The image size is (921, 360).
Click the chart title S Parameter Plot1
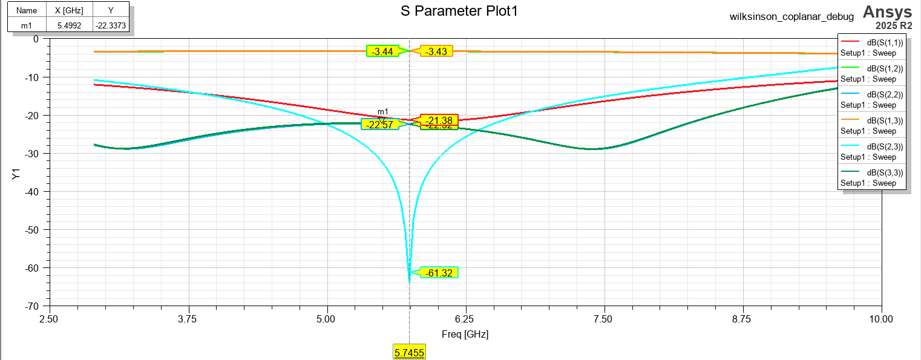pos(460,11)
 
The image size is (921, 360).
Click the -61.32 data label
pos(439,273)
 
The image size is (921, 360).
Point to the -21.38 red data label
pos(439,120)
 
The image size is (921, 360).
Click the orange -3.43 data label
pos(436,51)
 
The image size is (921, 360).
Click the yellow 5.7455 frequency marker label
pos(410,353)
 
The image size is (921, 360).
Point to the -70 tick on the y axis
pos(31,306)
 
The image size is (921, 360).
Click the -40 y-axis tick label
pos(31,192)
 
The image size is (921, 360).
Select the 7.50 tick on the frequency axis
pos(604,318)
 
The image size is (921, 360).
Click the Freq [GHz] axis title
pos(465,334)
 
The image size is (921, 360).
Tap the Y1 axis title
pos(16,174)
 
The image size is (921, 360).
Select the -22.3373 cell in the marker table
pos(111,25)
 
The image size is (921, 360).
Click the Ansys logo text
pos(887,11)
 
